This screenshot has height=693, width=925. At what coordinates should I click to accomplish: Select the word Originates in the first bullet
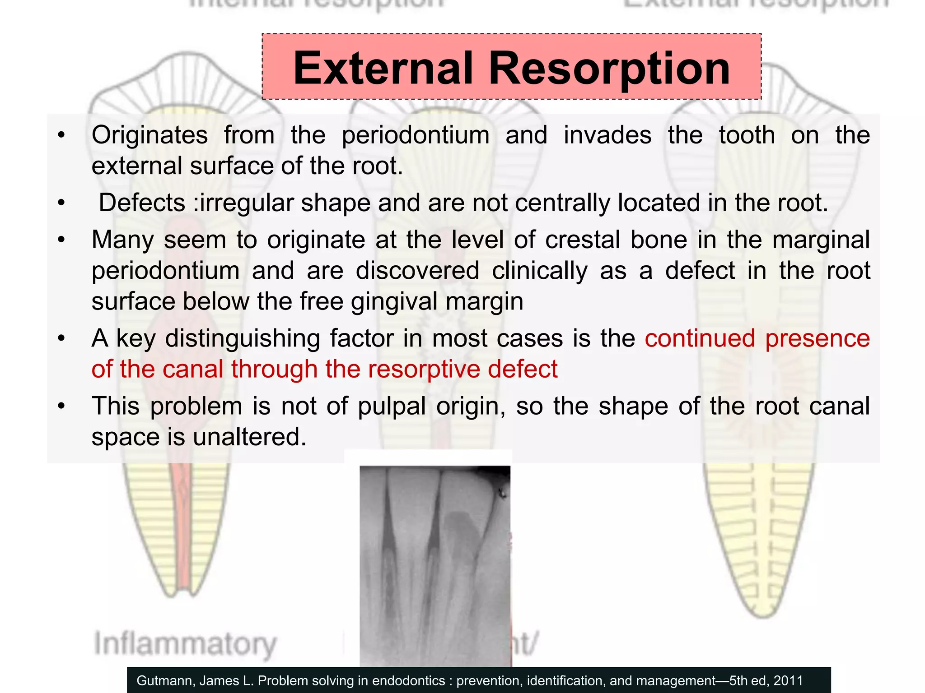149,135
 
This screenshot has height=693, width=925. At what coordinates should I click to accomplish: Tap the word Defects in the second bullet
142,203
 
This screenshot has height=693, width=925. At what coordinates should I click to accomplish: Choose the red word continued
700,338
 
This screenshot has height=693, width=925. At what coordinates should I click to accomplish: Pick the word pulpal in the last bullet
392,406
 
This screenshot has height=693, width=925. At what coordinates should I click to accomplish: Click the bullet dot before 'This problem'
62,406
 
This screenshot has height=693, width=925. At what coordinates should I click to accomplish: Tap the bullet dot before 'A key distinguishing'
62,338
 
